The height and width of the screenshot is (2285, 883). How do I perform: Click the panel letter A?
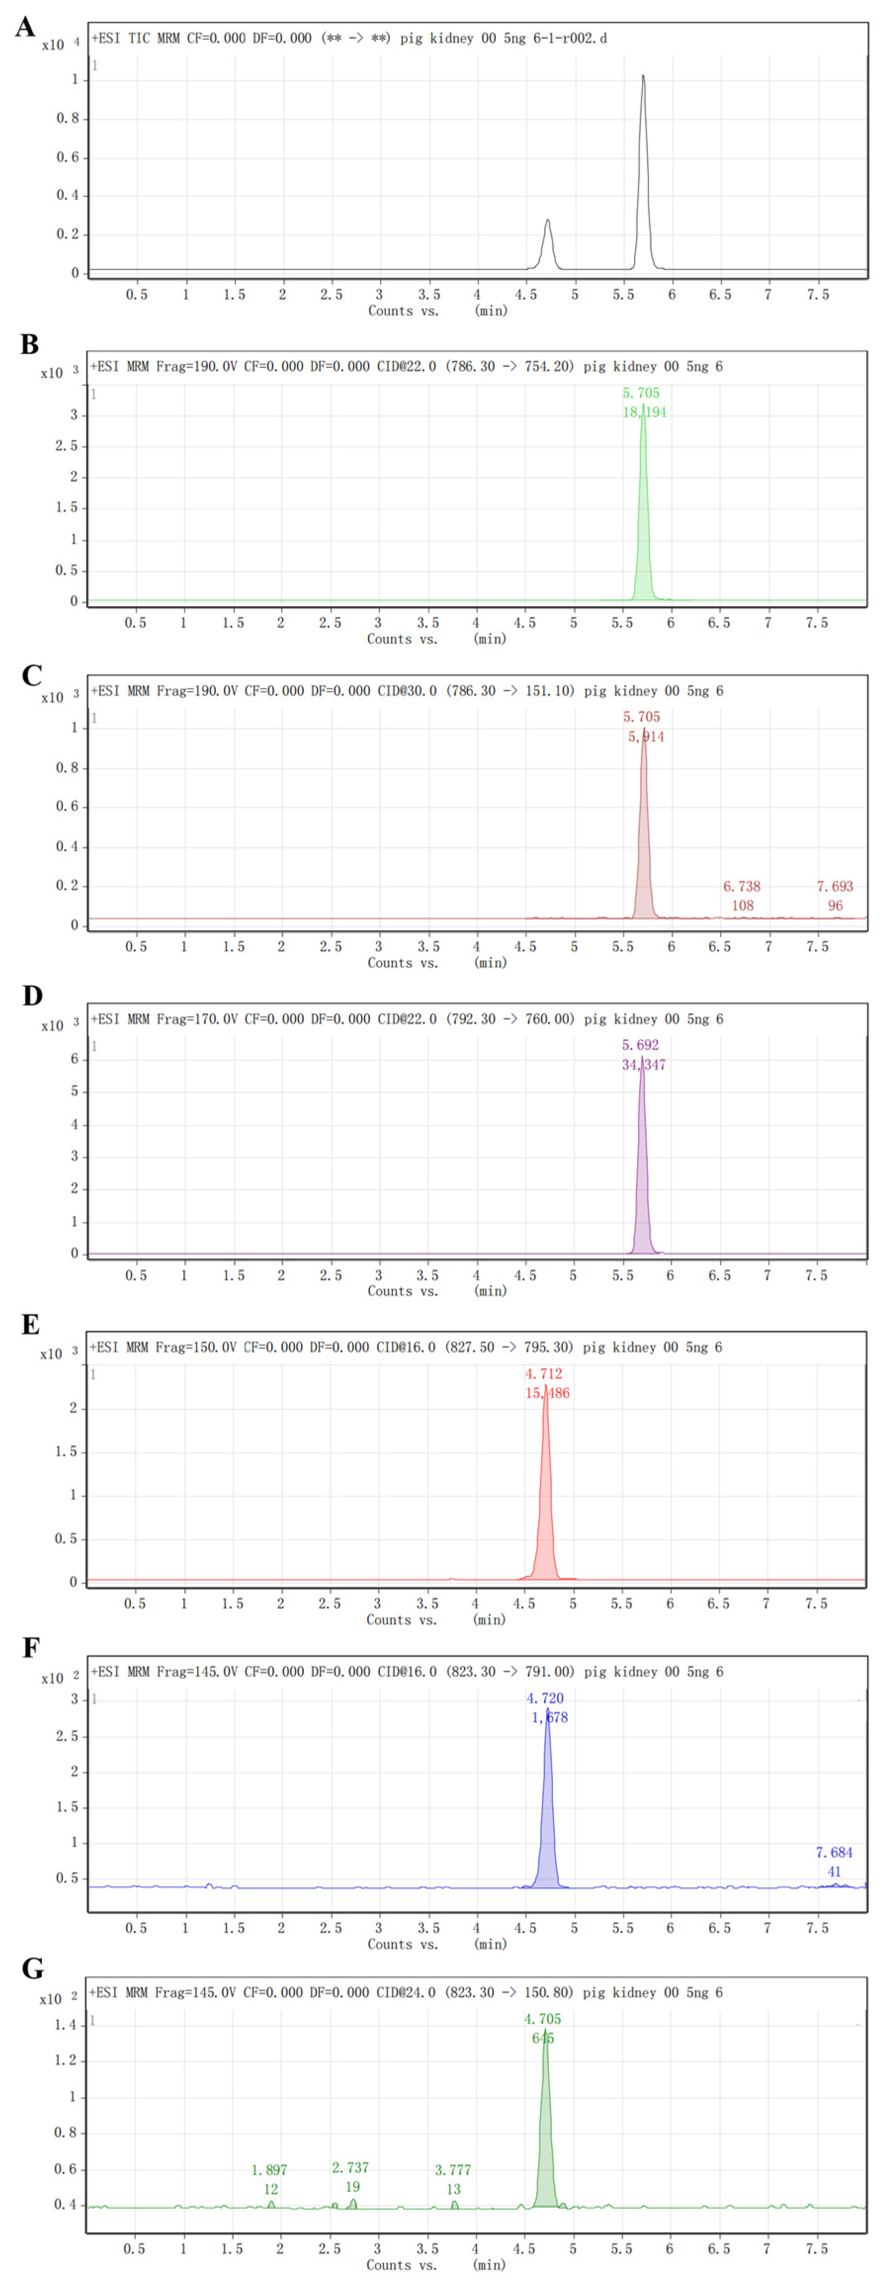pos(25,27)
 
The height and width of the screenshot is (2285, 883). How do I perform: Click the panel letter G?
pos(33,1968)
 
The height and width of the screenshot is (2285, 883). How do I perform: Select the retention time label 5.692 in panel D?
pos(640,1045)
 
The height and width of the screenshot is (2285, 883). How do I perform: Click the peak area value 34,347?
pos(644,1065)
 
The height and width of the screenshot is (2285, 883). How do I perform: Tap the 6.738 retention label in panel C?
pos(741,886)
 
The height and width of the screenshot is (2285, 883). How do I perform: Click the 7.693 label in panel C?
pos(834,886)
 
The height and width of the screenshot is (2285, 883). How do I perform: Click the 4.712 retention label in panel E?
pos(544,1374)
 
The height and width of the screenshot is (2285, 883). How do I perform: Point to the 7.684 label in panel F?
pos(834,1852)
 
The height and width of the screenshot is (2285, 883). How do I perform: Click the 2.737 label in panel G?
pos(350,2167)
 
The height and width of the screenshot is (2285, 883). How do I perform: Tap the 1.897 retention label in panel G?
pos(269,2170)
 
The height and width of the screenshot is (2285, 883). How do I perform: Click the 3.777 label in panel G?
pos(452,2170)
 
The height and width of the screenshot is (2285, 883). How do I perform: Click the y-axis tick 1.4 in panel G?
pos(66,2025)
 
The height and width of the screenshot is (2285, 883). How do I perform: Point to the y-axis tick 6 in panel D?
pos(75,1059)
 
